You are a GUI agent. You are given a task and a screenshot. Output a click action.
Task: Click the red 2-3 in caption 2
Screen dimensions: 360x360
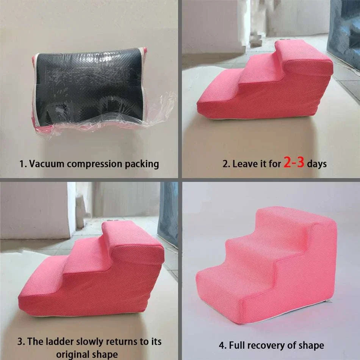[x=294, y=162]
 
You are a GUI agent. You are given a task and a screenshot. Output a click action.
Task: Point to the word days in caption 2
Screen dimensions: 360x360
[x=317, y=164]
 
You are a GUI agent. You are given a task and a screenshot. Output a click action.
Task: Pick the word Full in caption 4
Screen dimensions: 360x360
[x=237, y=345]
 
